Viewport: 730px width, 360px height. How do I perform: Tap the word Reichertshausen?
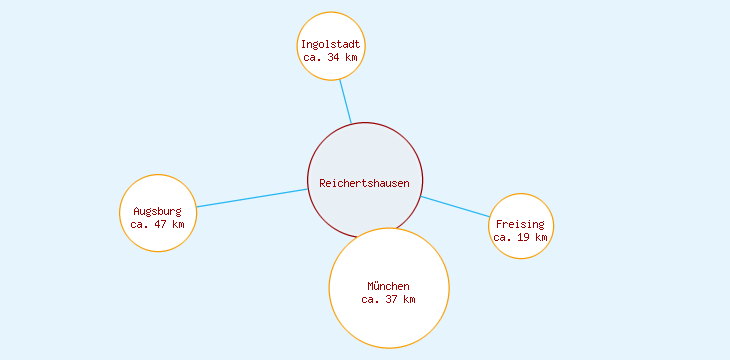click(365, 183)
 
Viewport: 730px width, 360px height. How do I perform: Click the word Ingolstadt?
click(331, 44)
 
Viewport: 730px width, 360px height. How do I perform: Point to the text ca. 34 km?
click(331, 57)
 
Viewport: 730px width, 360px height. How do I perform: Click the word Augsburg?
click(158, 211)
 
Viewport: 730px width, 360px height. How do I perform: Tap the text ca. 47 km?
click(158, 224)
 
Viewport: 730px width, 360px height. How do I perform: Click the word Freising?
click(520, 224)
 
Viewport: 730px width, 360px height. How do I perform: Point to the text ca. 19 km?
click(520, 237)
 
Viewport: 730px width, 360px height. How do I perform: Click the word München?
click(388, 286)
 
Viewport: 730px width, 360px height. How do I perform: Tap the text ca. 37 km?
click(388, 299)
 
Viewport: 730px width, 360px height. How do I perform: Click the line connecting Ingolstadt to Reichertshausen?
click(345, 100)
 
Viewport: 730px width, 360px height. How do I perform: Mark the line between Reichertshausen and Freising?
click(455, 207)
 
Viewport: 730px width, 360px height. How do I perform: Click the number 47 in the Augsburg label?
click(162, 224)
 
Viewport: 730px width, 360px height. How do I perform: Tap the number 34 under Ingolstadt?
click(335, 57)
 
